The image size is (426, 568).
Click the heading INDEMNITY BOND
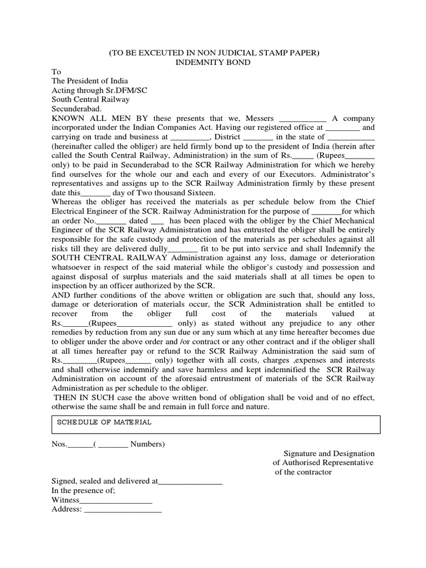(x=212, y=62)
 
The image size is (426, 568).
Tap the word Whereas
(x=68, y=202)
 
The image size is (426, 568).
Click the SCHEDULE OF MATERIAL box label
(x=104, y=422)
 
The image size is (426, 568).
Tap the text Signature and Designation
(x=329, y=453)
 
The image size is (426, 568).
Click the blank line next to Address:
(x=122, y=510)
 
